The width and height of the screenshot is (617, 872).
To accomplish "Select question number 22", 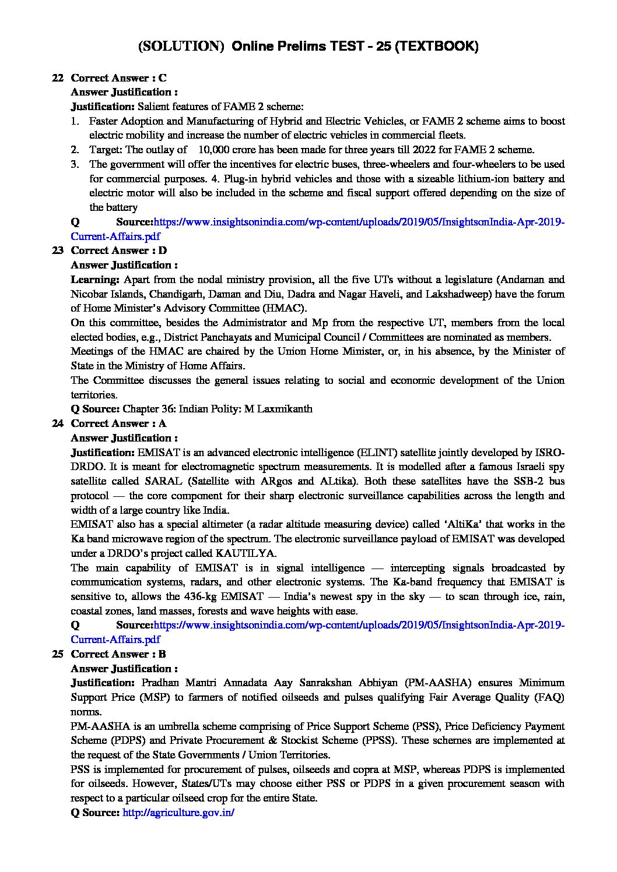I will tap(57, 78).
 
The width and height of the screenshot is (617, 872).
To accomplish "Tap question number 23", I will tap(57, 250).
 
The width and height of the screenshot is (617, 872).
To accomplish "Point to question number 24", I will tap(57, 423).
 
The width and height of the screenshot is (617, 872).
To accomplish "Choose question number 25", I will tap(57, 654).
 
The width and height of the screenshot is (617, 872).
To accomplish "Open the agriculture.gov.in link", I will tap(178, 813).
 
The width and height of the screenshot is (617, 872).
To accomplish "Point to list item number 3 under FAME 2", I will tap(75, 164).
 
